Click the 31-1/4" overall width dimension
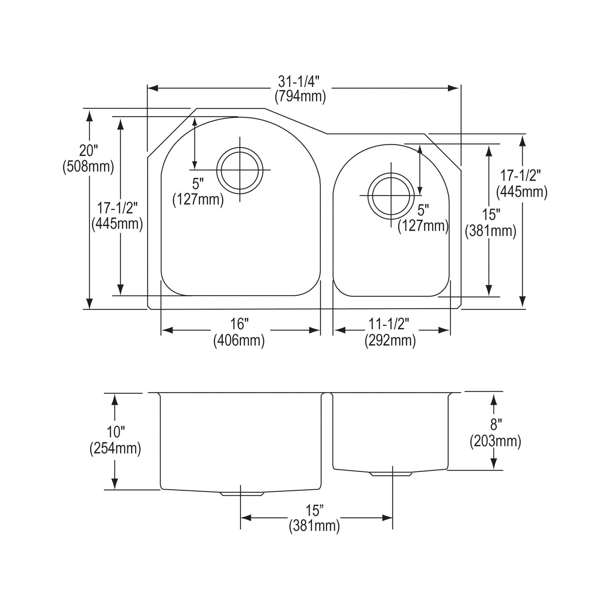[299, 81]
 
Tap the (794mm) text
[300, 97]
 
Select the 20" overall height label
[89, 151]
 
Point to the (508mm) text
[88, 166]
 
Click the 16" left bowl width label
[239, 324]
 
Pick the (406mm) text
[239, 340]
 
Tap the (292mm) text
[390, 340]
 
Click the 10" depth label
[115, 432]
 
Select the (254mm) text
[115, 448]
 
